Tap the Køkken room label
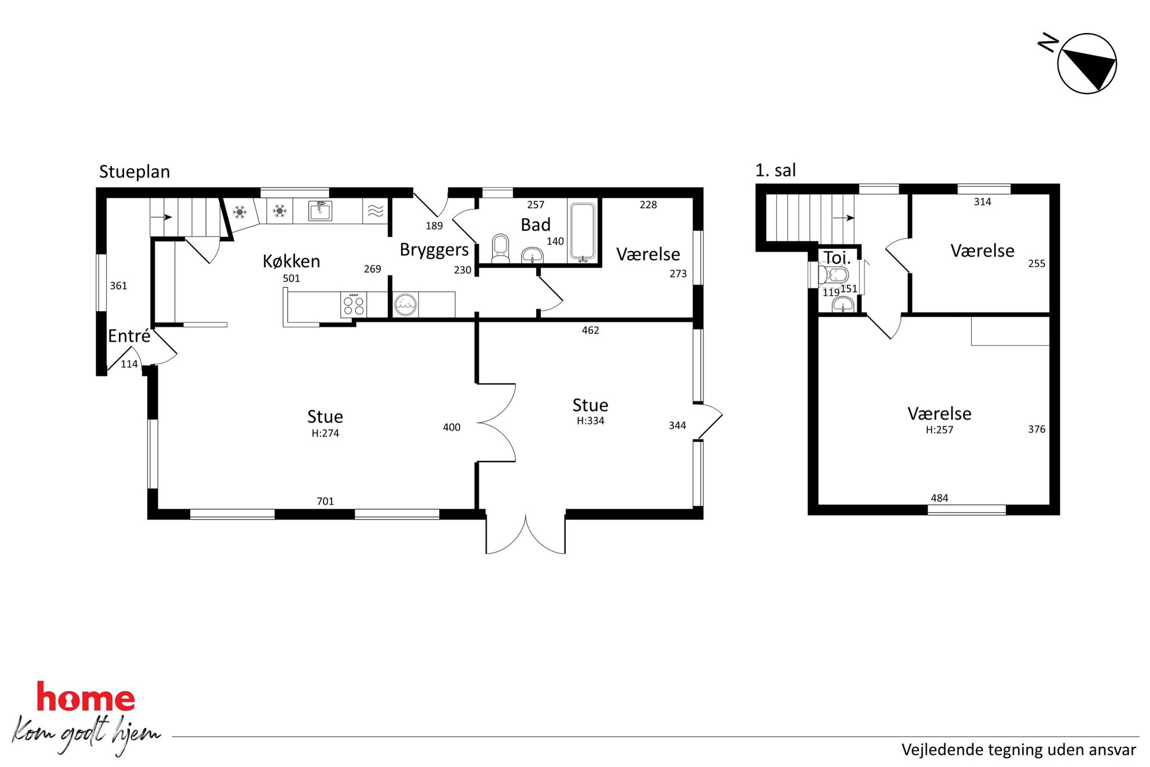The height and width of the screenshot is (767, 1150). (291, 261)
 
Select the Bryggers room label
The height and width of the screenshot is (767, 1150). (434, 250)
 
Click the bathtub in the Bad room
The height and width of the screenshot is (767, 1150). (583, 232)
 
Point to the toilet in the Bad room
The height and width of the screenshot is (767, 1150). (500, 248)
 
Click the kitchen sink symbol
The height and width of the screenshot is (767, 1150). (320, 211)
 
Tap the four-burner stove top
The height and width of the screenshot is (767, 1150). (353, 305)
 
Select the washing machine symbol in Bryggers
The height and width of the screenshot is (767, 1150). (405, 304)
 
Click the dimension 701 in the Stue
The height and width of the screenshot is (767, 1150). (325, 501)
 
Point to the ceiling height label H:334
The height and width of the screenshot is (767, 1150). (590, 421)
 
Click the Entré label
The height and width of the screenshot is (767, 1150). (129, 336)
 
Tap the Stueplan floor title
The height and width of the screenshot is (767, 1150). (134, 172)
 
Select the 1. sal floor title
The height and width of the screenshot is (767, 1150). (776, 170)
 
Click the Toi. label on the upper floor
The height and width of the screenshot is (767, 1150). (837, 257)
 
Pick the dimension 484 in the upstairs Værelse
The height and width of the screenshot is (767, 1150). (940, 498)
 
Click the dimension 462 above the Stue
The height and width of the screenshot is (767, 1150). (590, 330)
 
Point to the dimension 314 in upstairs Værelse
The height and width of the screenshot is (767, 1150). (982, 202)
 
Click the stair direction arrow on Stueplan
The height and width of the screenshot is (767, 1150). (161, 217)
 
